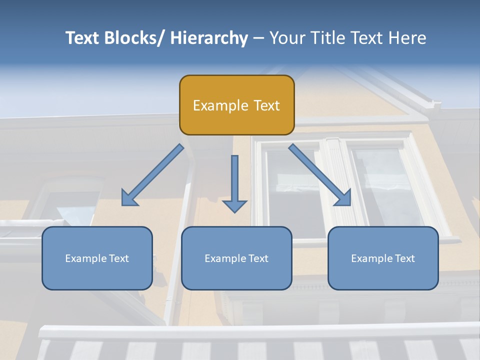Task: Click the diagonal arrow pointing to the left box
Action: (x=153, y=175)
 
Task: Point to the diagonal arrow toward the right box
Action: (x=320, y=175)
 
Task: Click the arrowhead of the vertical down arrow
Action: (x=234, y=205)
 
